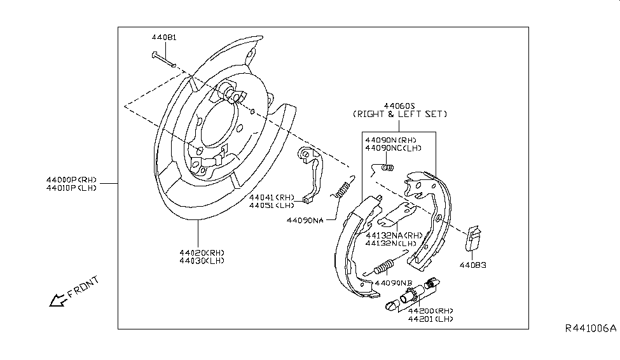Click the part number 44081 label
(x=164, y=38)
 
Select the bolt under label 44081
(x=163, y=60)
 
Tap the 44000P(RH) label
(x=72, y=180)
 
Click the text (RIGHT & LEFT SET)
(x=400, y=114)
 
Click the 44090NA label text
(x=305, y=220)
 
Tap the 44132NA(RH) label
(x=394, y=235)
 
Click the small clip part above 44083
(x=472, y=238)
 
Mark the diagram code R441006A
(x=591, y=329)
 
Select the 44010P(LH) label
(x=72, y=188)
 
